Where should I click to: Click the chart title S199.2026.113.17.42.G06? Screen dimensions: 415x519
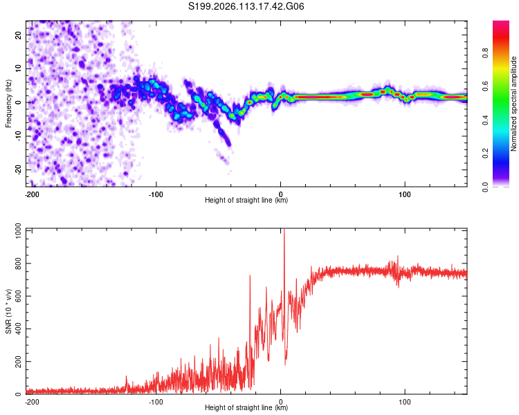(247, 7)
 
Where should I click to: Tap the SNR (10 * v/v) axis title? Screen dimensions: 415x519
(8, 312)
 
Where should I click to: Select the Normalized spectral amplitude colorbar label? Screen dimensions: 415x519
(514, 104)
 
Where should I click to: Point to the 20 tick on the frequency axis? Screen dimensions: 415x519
(19, 35)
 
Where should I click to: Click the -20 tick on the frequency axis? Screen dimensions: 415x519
(17, 169)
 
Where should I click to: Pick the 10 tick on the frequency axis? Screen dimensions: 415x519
(19, 68)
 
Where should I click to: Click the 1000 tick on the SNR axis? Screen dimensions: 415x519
(14, 230)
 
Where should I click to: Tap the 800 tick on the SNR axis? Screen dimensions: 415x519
(16, 264)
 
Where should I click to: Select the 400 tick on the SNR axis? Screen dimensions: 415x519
(16, 329)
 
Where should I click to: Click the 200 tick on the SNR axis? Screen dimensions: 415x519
(16, 362)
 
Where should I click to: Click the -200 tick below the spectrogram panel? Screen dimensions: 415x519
(31, 194)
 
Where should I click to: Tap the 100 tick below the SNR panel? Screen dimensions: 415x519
(405, 401)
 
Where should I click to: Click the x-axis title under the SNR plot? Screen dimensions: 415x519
(246, 408)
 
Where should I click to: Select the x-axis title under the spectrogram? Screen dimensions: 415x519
(246, 201)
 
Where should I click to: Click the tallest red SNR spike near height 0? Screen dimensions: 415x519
(284, 232)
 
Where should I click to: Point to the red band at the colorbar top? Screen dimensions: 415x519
(502, 26)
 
